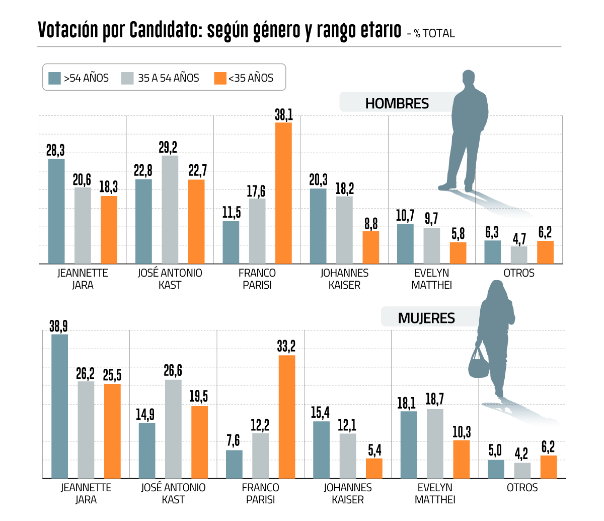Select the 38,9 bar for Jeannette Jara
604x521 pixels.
coord(59,406)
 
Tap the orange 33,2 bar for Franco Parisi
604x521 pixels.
coord(286,417)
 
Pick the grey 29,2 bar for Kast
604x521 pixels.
coord(170,210)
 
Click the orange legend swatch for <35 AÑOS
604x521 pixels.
coord(220,78)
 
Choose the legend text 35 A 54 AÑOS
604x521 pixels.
coord(169,78)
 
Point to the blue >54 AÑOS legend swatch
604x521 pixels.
coord(54,78)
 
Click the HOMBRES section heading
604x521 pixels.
coord(397,104)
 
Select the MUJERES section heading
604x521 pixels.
coord(426,318)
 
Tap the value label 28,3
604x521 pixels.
coord(55,150)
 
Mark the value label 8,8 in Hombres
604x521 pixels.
coord(371,223)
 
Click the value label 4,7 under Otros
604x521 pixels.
coord(519,238)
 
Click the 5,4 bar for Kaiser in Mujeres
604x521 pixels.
coord(374,468)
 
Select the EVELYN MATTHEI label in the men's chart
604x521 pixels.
coord(431,279)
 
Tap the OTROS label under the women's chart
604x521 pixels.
coord(522,488)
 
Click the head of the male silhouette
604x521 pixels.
coord(469,80)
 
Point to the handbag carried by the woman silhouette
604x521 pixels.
coord(478,364)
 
